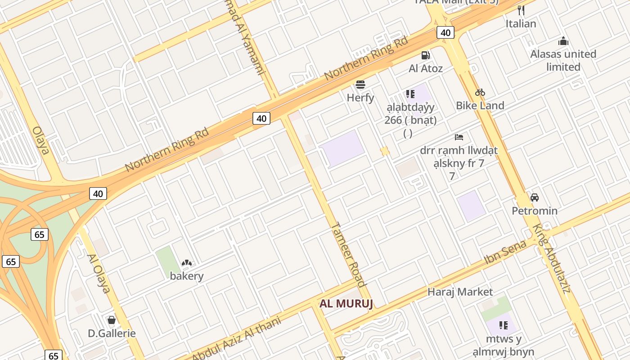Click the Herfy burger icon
coord(360,85)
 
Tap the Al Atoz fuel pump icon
coord(425,56)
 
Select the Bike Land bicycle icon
coord(480,93)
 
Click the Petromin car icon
coord(535,198)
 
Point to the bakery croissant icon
coord(187,263)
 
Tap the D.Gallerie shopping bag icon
coord(112,320)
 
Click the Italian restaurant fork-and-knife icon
coord(521,10)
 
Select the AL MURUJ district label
coord(346,304)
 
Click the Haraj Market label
coord(460,292)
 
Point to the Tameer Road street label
coord(348,255)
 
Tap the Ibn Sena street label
coord(505,253)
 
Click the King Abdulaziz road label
coord(552,258)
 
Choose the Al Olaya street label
coord(99,274)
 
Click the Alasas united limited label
coord(563,60)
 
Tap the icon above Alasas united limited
coord(563,42)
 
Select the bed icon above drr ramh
coord(459,137)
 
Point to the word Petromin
coord(535,211)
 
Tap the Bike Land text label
coord(480,106)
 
